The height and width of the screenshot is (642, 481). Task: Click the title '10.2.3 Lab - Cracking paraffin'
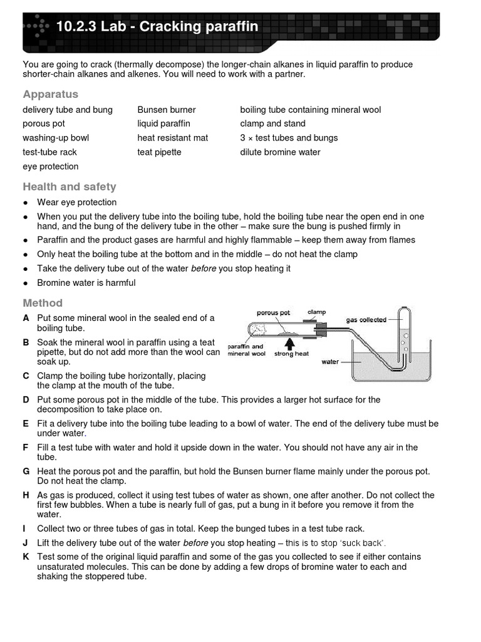pos(157,26)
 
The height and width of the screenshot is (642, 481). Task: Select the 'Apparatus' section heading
pos(51,94)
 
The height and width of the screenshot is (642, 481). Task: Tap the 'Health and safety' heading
pos(70,187)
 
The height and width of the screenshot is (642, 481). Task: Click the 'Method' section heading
pos(43,303)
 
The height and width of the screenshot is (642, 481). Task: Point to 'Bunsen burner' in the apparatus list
pos(167,110)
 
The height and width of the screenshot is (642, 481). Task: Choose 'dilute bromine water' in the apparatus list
pos(280,152)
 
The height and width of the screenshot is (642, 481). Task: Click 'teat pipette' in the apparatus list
pos(160,152)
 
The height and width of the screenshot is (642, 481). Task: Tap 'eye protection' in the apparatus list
pos(51,167)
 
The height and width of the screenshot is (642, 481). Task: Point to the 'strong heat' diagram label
pos(291,354)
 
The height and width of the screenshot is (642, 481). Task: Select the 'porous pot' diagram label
pos(274,312)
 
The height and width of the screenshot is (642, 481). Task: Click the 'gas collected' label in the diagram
pos(366,320)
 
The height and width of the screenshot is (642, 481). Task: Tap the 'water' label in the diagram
pos(330,362)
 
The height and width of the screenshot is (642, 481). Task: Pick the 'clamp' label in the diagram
pos(317,312)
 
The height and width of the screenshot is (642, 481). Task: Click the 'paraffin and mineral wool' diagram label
pos(246,350)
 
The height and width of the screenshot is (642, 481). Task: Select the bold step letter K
pos(26,557)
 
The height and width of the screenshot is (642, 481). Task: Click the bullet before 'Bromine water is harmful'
pos(25,283)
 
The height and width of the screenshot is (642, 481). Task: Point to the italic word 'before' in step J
pos(195,543)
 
